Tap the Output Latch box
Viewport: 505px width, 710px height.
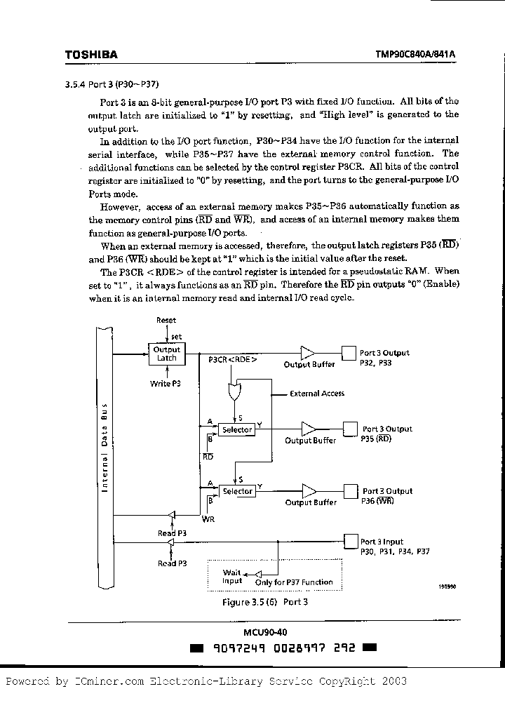point(166,354)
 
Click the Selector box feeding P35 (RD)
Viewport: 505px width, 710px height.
point(237,429)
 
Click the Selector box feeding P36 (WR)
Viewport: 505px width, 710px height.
point(237,491)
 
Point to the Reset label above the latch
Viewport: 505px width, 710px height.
point(166,320)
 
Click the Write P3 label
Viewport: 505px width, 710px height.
point(166,384)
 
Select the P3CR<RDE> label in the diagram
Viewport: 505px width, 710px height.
point(233,359)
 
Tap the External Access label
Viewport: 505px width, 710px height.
point(317,394)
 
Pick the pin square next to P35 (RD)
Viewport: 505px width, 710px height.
point(349,429)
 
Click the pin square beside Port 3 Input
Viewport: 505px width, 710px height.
point(349,540)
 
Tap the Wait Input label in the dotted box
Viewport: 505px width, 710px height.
point(231,577)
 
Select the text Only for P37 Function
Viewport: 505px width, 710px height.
point(294,582)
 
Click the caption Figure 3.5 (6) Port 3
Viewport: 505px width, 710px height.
point(265,602)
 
